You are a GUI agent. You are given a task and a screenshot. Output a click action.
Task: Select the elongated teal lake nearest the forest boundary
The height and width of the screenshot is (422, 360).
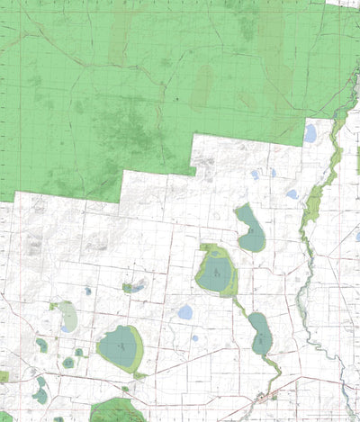pos(250,229)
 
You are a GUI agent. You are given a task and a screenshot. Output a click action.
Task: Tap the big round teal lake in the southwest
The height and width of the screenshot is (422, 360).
pos(120,346)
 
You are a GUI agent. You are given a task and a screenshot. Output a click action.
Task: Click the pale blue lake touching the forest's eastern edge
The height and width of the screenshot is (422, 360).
pos(310,133)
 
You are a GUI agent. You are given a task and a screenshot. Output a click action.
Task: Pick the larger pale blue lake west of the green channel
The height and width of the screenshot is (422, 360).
pos(185,312)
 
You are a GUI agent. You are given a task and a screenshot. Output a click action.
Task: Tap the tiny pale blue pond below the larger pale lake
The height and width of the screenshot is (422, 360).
pos(194,338)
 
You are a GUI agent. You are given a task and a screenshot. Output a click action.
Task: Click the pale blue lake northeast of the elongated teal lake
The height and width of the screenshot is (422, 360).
pos(292,193)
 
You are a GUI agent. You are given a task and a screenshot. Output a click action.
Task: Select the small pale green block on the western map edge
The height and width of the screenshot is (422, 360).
pos(3,376)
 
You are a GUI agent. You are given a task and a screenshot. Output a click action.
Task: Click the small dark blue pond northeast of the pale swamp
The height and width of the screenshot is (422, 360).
pos(87,291)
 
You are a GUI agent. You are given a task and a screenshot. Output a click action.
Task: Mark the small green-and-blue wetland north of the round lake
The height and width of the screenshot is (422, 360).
pos(134,288)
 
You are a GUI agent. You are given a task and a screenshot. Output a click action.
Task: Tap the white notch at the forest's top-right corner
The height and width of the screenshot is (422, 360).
pos(342,4)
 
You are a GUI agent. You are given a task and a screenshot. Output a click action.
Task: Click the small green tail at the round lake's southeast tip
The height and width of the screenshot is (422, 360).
pos(140,374)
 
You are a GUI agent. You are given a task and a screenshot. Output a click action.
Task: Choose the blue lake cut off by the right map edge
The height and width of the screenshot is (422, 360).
pos(356,237)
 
